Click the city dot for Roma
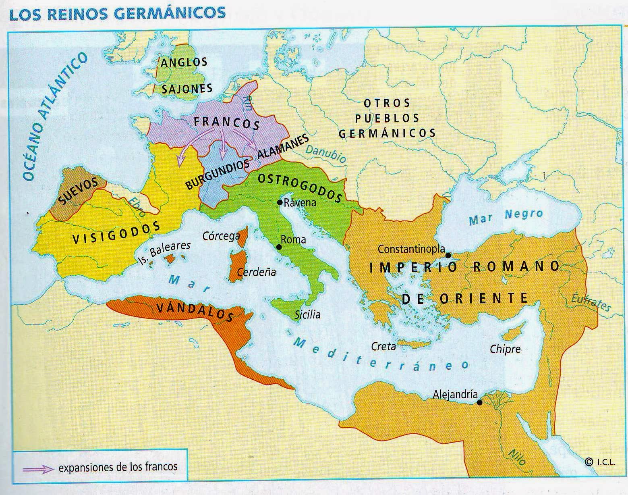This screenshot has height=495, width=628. coord(278,247)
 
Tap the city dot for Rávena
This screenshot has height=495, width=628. coord(280,202)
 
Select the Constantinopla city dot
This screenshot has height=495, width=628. coord(448,255)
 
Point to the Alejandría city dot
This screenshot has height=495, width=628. coord(479,402)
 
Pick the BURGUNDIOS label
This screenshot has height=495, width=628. coord(218,175)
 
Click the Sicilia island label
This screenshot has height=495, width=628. coord(307,314)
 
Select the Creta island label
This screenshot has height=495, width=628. coord(383,346)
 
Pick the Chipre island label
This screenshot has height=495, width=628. coord(505,349)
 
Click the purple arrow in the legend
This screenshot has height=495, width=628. coord(38,469)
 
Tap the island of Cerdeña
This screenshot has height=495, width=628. coord(235,266)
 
